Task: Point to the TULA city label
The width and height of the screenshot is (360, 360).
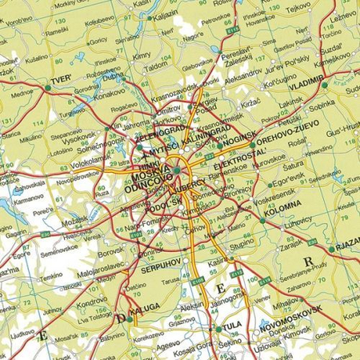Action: [x=231, y=326]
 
